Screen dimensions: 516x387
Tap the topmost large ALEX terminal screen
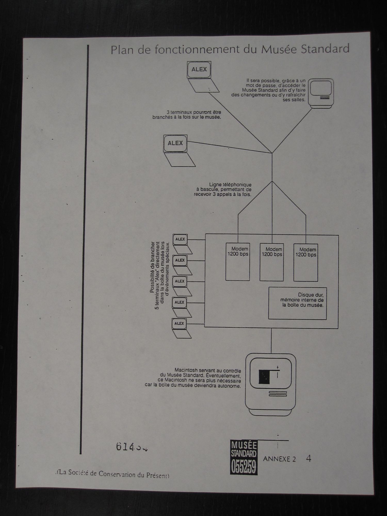click(199, 69)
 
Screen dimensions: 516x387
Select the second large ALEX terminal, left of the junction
click(175, 143)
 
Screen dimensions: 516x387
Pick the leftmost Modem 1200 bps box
click(238, 262)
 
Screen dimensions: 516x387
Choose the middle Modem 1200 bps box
click(272, 262)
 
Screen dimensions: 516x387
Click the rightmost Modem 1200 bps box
click(306, 263)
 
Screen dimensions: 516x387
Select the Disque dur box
click(297, 303)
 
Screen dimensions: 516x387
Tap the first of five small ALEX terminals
click(180, 239)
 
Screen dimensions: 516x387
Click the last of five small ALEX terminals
click(179, 324)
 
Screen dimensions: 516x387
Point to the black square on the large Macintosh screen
click(264, 376)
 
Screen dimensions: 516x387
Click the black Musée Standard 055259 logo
click(244, 457)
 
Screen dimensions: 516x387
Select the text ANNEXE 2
click(279, 459)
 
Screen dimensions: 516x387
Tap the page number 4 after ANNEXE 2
click(308, 458)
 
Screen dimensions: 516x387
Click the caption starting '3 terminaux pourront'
click(187, 115)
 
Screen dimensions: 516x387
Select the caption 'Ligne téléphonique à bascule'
click(222, 190)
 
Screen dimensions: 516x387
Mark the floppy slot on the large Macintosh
click(278, 394)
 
